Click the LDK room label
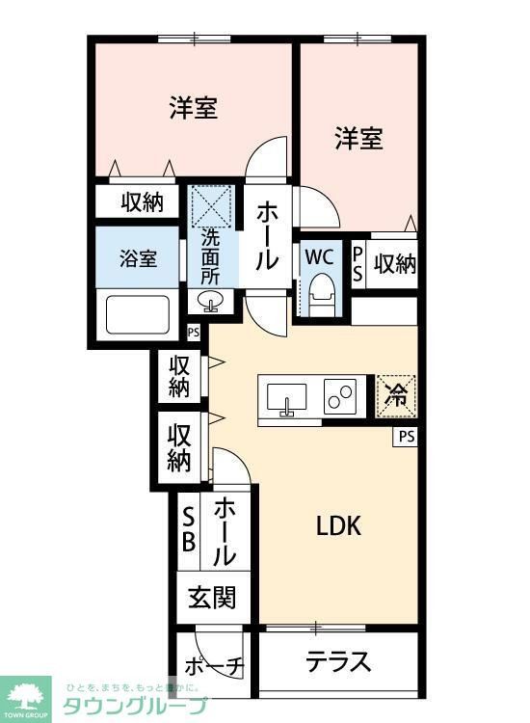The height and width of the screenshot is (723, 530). pos(338,526)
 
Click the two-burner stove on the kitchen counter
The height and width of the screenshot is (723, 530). pos(341,396)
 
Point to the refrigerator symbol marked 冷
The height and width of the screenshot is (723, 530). pos(395,393)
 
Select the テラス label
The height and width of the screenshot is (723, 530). pos(338,662)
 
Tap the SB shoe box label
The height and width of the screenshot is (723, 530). pos(189,529)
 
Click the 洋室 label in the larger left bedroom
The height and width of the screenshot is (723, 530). pos(193,107)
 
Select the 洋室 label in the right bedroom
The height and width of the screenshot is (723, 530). pos(358,139)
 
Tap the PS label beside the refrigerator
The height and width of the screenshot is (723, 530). pos(406,437)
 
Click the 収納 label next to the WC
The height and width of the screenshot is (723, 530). pos(395,263)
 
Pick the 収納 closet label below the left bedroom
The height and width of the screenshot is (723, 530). pos(142,201)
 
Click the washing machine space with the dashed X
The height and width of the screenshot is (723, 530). pos(211,205)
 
